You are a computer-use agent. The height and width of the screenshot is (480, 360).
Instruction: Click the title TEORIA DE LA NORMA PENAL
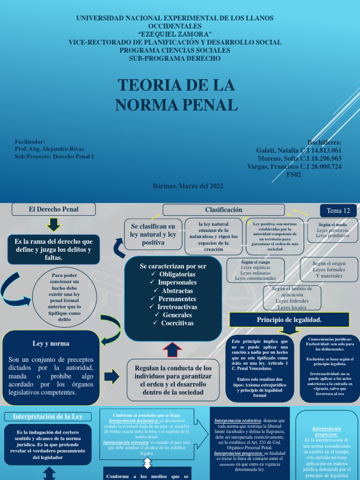pos(176,95)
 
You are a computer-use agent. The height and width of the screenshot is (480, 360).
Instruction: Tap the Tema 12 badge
pos(338,210)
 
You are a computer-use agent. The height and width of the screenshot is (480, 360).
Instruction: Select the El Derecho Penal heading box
pos(53,209)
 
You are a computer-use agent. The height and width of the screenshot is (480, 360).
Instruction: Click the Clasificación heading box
pos(224,210)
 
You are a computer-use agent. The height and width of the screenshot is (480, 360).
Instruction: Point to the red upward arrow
pos(172,350)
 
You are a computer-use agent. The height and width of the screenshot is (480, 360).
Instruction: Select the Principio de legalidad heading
pos(289,319)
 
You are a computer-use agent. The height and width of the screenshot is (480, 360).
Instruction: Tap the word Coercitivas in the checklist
pos(177,323)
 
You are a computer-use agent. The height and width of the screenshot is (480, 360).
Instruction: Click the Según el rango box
pos(255,270)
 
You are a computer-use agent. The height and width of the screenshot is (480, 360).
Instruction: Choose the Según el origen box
pos(329,270)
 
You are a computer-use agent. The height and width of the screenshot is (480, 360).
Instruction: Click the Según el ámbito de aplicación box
pos(292,298)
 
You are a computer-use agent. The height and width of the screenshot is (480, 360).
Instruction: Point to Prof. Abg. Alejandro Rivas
pos(49,149)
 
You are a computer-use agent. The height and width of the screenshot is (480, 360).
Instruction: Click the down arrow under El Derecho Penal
pos(53,225)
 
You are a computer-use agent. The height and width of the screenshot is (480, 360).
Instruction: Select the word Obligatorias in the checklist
pos(177,274)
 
